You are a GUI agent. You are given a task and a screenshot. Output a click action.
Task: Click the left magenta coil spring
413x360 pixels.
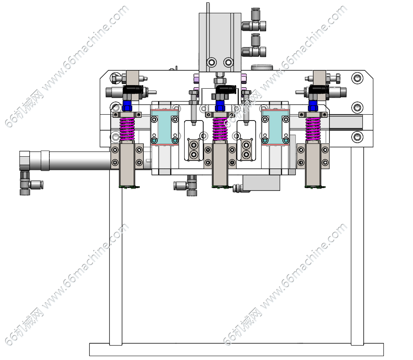[x=127, y=129]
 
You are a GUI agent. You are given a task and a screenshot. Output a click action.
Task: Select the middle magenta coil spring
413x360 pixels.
[x=220, y=129]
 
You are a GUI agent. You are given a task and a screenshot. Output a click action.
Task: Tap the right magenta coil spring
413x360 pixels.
[x=313, y=129]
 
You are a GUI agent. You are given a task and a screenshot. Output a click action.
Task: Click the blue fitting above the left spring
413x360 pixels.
[x=127, y=106]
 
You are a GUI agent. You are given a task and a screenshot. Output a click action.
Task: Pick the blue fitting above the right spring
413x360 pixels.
[x=313, y=106]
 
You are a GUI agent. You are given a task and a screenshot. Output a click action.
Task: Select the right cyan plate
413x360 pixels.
[x=275, y=127]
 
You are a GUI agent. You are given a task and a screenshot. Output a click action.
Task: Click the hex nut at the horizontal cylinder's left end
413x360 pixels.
[x=25, y=161]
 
